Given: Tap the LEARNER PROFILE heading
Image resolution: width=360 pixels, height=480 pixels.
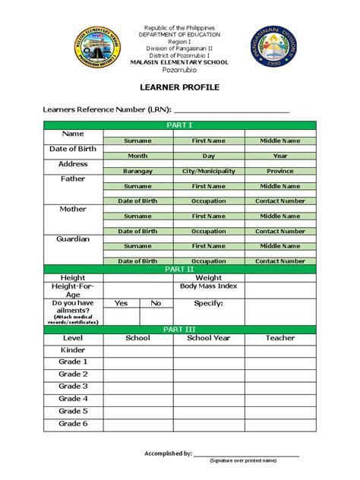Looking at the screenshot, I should (180, 88).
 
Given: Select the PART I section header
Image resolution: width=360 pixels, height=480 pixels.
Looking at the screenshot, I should (179, 125).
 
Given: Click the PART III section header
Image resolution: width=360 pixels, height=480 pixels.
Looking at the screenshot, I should (179, 328).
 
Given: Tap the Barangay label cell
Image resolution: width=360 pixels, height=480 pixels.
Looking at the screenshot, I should (137, 171).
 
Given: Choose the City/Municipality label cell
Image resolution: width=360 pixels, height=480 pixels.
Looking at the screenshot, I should (209, 171).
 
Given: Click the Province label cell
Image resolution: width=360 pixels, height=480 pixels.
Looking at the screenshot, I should (279, 171).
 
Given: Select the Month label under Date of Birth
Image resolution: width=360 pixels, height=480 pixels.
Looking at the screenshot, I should (137, 156).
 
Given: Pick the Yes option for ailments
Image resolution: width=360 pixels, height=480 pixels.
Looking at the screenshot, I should (122, 303).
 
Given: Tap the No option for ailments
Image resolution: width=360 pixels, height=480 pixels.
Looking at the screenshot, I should (156, 303).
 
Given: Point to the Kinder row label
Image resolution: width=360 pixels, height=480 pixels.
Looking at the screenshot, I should (74, 350).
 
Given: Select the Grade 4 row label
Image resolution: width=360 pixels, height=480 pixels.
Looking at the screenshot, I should (74, 399).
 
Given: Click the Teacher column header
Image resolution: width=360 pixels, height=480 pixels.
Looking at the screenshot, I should (279, 338).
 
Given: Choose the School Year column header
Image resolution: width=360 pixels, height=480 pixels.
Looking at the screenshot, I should (209, 338).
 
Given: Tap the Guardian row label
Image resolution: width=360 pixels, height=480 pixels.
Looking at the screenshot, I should (74, 239).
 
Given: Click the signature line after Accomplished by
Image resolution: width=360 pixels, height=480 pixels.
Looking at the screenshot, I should (246, 454).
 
